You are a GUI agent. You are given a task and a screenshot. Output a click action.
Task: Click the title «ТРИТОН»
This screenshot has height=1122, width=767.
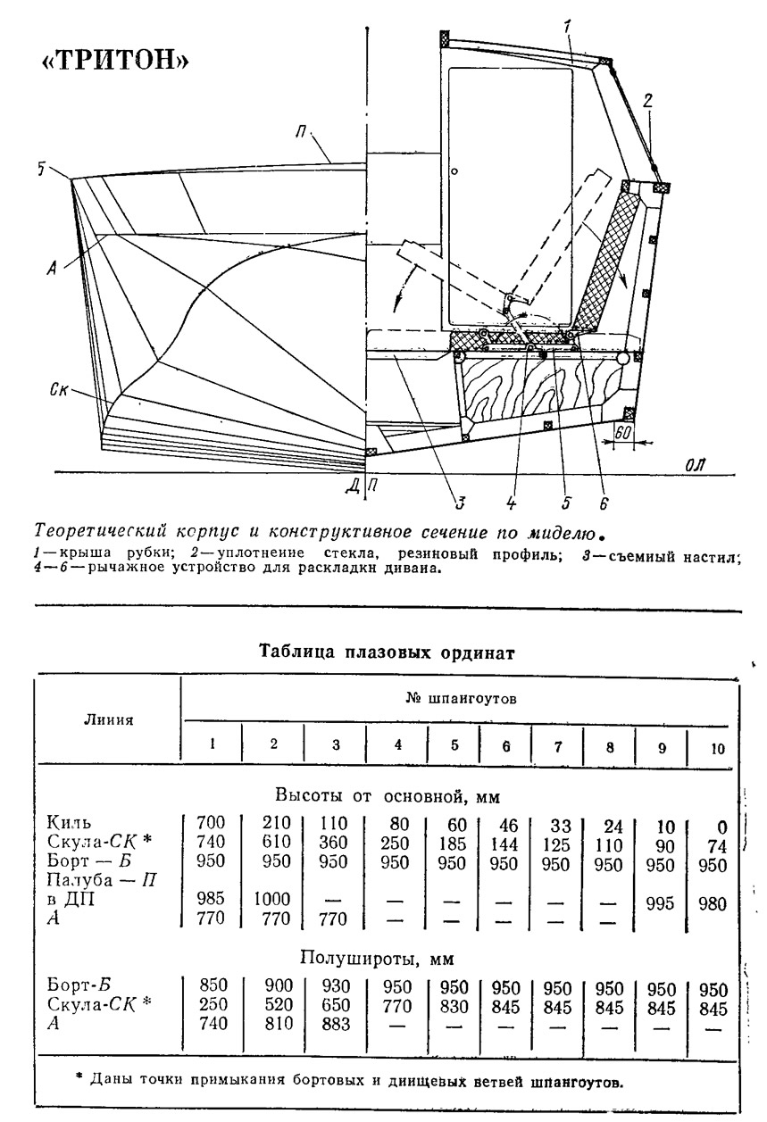coord(114,60)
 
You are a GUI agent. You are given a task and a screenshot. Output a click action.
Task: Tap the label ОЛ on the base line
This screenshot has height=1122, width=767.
coord(695,465)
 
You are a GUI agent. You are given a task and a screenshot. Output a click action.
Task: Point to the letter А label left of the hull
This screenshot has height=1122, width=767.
coord(52,268)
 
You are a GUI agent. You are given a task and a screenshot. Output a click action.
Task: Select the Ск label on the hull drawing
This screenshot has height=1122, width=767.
coord(59,389)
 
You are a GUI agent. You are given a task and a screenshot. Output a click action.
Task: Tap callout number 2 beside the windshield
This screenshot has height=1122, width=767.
coord(647,101)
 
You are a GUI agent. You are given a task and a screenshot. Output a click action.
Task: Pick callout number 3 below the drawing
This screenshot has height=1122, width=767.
coord(460,503)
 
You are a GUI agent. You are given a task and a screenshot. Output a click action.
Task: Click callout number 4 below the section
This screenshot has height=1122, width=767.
coord(511,503)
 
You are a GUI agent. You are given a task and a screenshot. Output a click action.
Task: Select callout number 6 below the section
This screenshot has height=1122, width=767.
coord(604,503)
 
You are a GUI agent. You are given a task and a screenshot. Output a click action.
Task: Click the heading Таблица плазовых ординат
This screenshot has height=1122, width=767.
coord(387,652)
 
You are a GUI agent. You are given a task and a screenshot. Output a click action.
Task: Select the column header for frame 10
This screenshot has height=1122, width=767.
coord(717,748)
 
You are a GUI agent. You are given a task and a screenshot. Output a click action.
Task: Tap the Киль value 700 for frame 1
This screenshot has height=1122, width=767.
coord(211,822)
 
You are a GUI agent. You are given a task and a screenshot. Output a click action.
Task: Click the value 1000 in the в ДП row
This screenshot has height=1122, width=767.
coord(272,899)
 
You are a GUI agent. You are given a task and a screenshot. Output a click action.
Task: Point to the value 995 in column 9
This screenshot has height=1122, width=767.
coord(660,903)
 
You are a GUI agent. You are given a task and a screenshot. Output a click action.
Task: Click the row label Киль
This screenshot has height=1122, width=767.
coord(69,822)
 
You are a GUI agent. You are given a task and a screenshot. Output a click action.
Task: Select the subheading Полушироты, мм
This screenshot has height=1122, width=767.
coord(377,959)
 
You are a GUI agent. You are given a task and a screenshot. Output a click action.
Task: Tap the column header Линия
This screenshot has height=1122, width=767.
coord(108,719)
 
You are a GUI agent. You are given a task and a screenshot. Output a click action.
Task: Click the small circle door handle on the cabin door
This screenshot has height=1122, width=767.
coord(454,171)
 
